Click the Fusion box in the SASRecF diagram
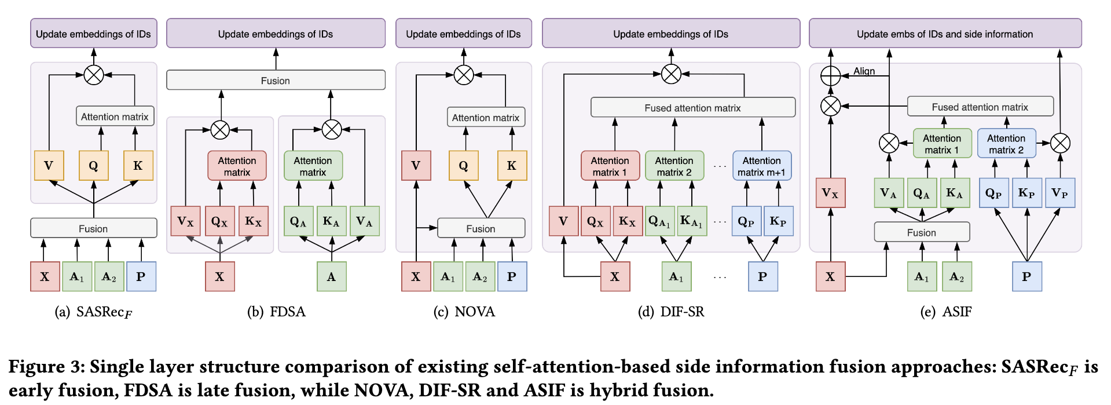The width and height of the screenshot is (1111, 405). [93, 228]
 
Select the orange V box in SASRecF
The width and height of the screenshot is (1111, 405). [49, 166]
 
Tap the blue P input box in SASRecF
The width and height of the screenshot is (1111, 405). [141, 276]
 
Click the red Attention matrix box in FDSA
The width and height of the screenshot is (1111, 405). [237, 166]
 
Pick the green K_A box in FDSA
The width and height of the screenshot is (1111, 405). [331, 221]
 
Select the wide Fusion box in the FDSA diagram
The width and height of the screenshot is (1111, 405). [276, 80]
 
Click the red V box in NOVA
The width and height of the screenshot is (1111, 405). [416, 166]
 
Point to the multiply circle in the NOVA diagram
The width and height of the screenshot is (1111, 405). [464, 75]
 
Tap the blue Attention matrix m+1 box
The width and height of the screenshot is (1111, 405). [761, 166]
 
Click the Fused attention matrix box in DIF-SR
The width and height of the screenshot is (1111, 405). [692, 108]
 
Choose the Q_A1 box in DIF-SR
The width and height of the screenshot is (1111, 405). [659, 221]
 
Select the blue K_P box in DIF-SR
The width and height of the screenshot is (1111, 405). [778, 221]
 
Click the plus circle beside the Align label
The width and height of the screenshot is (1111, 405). [831, 75]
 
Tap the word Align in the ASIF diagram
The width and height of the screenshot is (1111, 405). [864, 71]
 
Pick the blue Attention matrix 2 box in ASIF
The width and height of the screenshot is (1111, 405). [1006, 144]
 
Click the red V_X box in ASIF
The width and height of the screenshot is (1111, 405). [830, 193]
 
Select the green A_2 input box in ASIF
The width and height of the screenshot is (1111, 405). [956, 276]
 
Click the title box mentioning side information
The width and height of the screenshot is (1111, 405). [945, 34]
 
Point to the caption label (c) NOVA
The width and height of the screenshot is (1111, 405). [464, 312]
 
